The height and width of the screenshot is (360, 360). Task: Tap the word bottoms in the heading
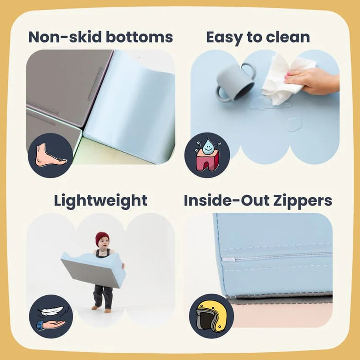(x=139, y=37)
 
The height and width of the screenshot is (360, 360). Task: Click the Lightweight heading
(x=100, y=201)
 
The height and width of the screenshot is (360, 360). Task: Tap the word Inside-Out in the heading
(x=227, y=200)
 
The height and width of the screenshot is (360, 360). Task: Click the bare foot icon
(x=50, y=155)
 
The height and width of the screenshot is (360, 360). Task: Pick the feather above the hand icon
(x=51, y=311)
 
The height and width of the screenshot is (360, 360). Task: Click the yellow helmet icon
(x=211, y=316)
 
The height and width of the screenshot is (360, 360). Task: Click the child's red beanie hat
(x=102, y=239)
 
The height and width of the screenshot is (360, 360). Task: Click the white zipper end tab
(x=228, y=260)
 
